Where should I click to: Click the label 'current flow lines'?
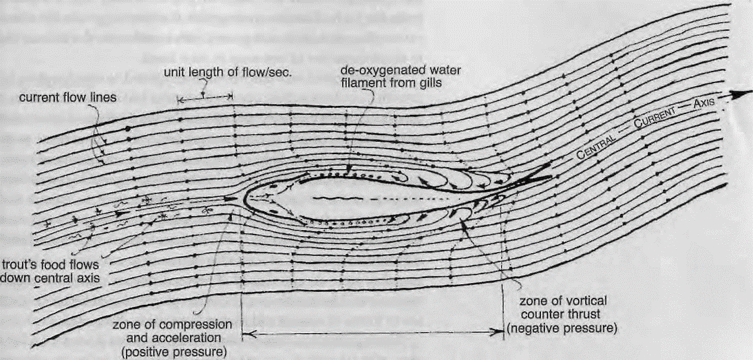tap(67, 98)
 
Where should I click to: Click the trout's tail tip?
tap(555, 178)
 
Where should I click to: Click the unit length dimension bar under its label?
tap(206, 99)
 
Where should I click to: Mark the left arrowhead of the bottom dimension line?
tap(245, 334)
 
